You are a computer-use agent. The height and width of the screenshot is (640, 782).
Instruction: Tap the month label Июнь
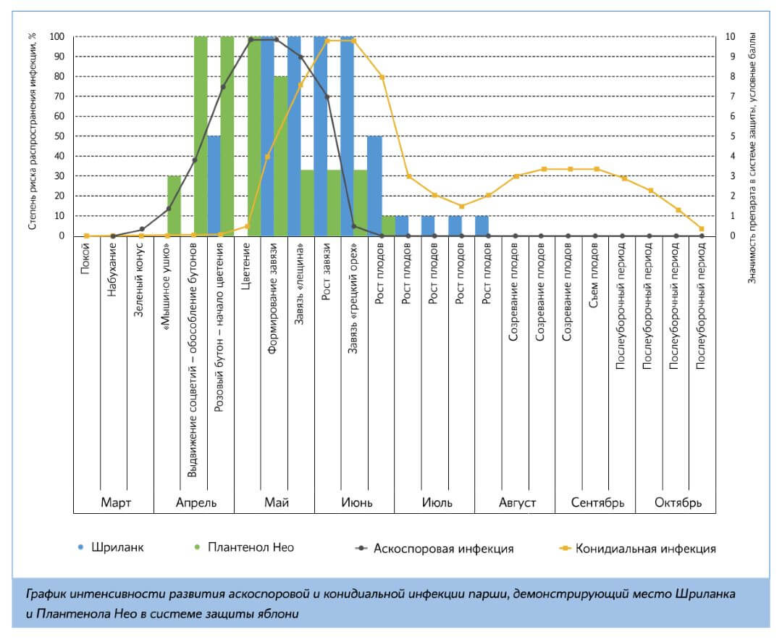tap(354, 502)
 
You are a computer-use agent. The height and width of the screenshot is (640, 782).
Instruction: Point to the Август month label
tap(517, 502)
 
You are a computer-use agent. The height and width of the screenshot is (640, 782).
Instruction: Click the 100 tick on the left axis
tap(57, 36)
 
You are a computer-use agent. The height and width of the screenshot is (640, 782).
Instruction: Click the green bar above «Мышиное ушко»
tap(174, 206)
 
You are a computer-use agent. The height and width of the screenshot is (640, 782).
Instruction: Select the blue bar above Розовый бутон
tap(214, 186)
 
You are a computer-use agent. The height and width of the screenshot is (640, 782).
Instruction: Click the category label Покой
tap(86, 258)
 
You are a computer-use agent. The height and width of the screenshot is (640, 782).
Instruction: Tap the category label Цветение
tap(247, 266)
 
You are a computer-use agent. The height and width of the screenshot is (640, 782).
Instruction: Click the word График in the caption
tap(46, 594)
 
